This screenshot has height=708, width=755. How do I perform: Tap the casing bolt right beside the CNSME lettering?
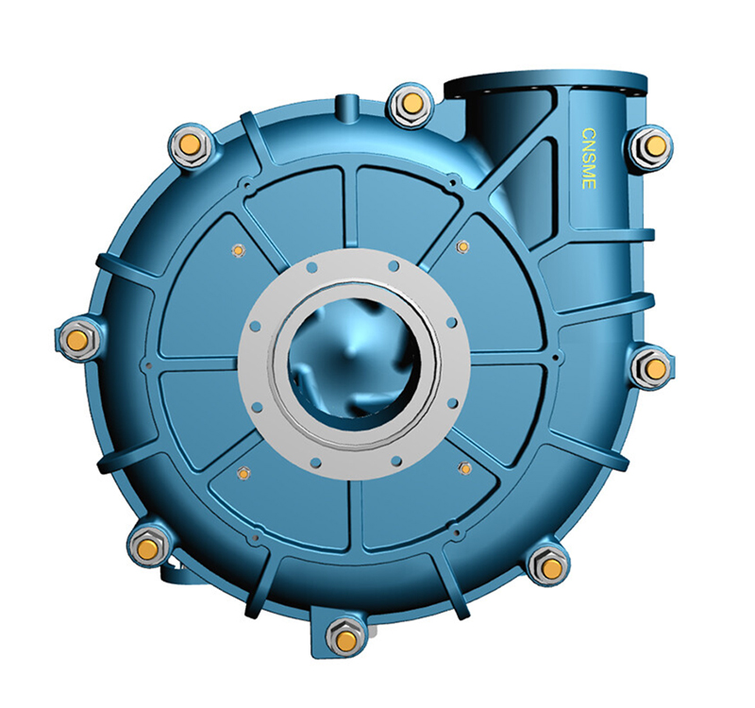pyautogui.click(x=651, y=147)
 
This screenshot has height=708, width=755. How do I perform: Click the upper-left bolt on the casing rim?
pyautogui.click(x=189, y=144)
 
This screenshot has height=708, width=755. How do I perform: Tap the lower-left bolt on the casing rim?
pyautogui.click(x=147, y=545)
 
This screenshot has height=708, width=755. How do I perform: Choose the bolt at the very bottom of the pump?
pyautogui.click(x=346, y=639)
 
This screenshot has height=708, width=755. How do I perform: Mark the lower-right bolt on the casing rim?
pyautogui.click(x=549, y=566)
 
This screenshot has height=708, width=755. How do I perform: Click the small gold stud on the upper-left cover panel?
pyautogui.click(x=238, y=250)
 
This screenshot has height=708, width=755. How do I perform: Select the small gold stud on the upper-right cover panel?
pyautogui.click(x=462, y=246)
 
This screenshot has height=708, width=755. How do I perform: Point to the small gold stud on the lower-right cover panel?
pyautogui.click(x=464, y=468)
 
